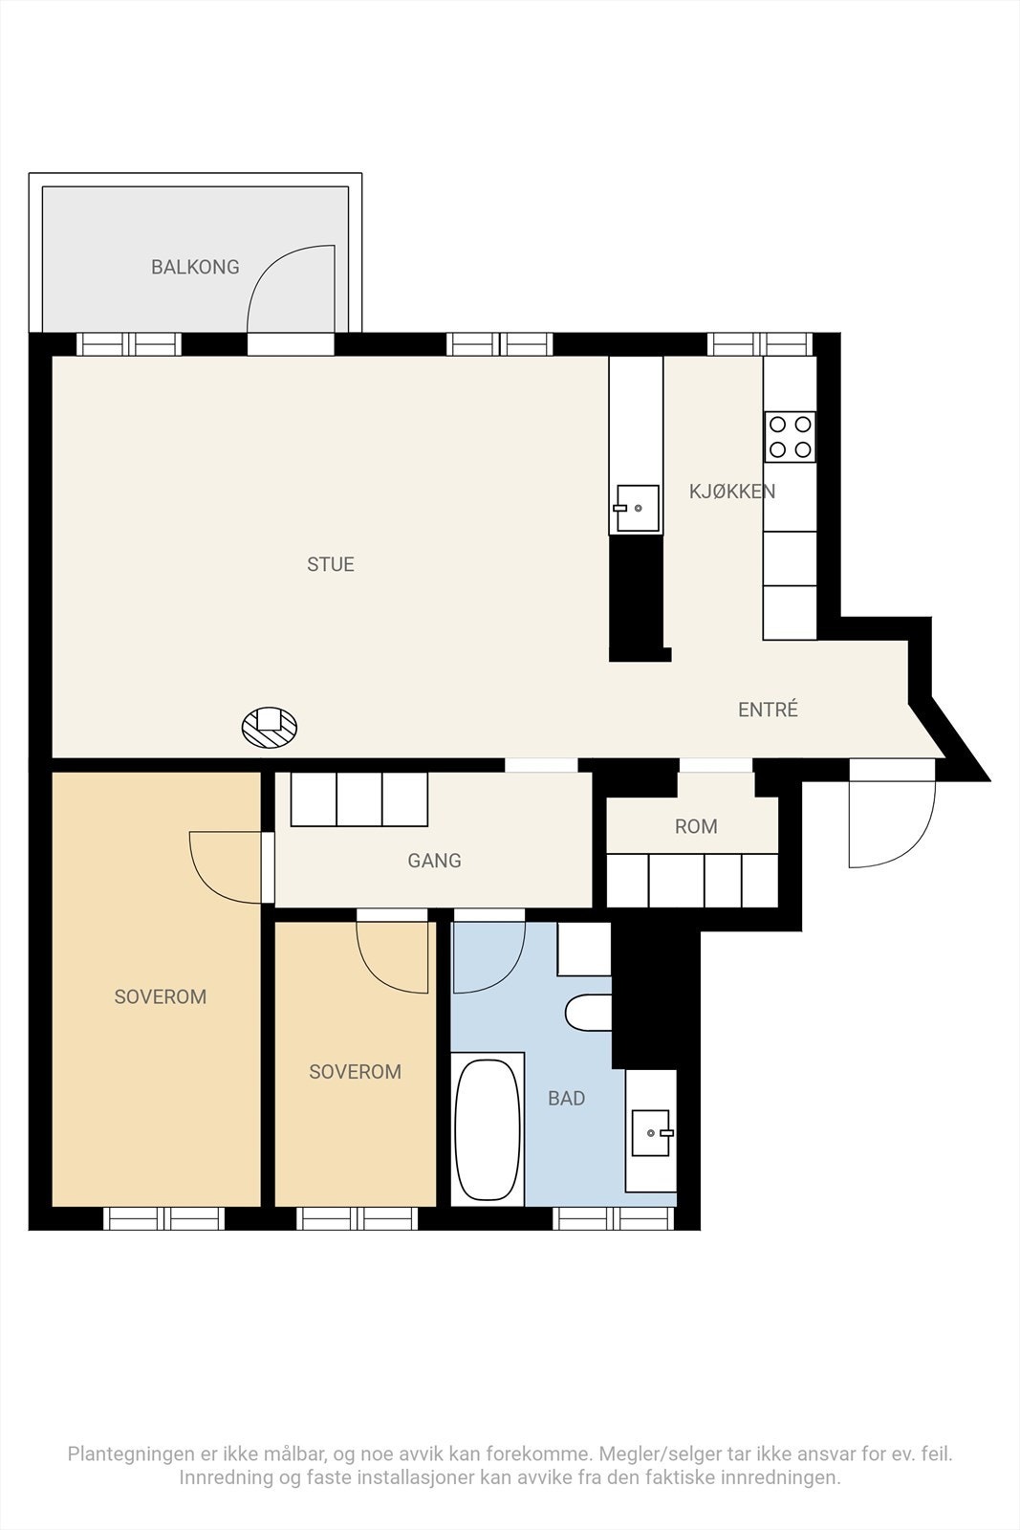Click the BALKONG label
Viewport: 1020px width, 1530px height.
195,267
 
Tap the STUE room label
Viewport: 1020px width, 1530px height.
331,564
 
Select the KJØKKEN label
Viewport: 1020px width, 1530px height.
732,492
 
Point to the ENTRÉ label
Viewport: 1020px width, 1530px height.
768,710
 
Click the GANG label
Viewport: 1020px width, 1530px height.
434,861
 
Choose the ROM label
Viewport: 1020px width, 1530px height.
696,826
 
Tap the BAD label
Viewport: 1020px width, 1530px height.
566,1099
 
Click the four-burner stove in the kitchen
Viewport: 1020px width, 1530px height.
790,437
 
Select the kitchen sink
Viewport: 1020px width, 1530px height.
637,509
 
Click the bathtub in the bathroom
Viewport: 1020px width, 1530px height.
488,1129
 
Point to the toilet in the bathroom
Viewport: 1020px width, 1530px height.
587,1013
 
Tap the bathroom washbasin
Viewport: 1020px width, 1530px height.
651,1132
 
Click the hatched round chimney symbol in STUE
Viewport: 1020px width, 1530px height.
270,728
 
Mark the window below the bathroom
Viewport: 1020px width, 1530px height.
615,1218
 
